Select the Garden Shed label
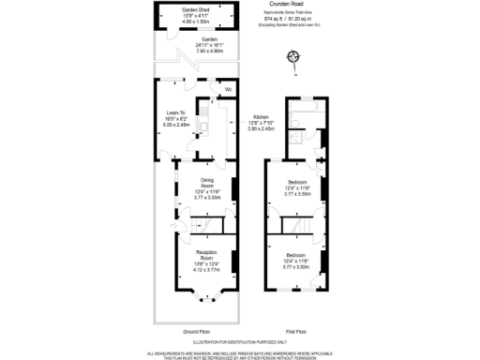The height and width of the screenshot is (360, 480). point(196,9)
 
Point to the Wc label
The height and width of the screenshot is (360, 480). point(228,89)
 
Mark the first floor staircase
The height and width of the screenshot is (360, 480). point(300,226)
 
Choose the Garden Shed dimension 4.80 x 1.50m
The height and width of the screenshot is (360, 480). point(196,21)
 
